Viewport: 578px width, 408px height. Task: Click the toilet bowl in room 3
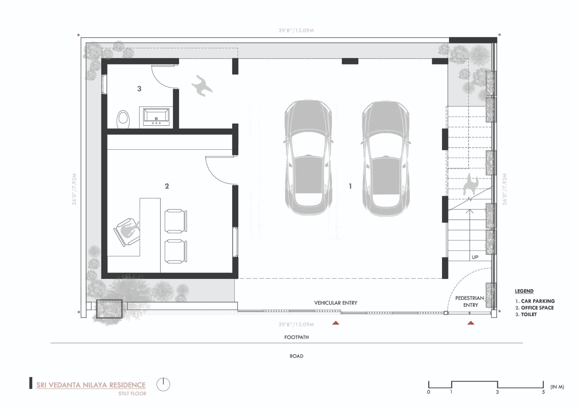(123, 119)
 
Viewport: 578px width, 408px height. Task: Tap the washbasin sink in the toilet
(156, 117)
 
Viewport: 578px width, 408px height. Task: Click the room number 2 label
(167, 186)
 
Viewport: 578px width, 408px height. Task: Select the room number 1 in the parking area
(350, 186)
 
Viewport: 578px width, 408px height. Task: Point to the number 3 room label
(139, 89)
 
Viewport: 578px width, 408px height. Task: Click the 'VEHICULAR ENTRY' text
(335, 303)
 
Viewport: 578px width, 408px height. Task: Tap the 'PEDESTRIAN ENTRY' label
(470, 302)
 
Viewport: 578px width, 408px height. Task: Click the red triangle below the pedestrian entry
(471, 323)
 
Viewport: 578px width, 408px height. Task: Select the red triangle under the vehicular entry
(336, 323)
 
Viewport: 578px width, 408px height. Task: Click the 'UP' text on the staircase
(475, 257)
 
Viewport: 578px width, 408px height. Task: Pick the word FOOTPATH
(296, 337)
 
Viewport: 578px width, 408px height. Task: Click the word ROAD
(296, 356)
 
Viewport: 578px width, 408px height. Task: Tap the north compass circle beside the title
(163, 384)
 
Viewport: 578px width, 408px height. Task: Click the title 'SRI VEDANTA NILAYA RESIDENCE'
(91, 385)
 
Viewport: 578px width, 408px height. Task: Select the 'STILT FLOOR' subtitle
(132, 394)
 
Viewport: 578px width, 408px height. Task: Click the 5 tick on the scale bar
(543, 392)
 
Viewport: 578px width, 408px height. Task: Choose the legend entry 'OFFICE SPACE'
(537, 308)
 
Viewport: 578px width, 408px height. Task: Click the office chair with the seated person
(127, 231)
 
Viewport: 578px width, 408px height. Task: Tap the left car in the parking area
(308, 157)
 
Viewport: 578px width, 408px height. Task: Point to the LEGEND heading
(524, 291)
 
